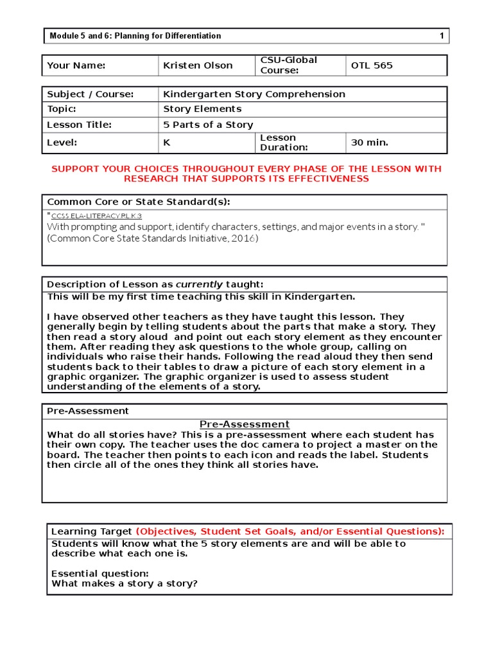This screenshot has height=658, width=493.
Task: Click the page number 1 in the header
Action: click(x=442, y=36)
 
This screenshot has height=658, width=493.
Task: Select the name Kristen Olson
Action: click(x=198, y=66)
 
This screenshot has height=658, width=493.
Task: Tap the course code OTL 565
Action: click(x=372, y=66)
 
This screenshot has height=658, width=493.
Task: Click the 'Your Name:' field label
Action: click(x=76, y=66)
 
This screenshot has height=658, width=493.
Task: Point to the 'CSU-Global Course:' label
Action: click(x=288, y=65)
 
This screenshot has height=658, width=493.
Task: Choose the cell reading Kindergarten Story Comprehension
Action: click(x=254, y=94)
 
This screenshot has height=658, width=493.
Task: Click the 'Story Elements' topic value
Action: click(x=202, y=109)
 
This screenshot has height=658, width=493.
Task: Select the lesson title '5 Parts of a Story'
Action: click(x=208, y=125)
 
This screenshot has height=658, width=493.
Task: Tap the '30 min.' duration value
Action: click(x=370, y=143)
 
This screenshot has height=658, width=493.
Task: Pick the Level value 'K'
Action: click(x=167, y=143)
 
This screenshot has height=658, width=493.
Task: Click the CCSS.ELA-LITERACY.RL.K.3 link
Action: click(x=96, y=217)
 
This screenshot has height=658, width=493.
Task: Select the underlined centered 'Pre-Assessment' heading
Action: click(x=245, y=424)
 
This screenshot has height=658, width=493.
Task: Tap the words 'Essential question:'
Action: click(x=100, y=573)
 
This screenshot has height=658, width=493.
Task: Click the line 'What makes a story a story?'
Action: click(x=125, y=583)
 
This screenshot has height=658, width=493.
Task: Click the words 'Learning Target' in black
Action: click(x=92, y=531)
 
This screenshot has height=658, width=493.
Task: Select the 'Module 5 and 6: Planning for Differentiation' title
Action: click(x=135, y=36)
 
